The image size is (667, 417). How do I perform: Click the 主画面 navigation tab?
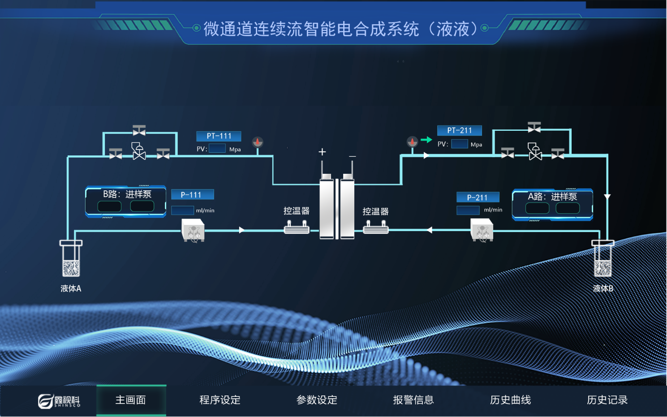(x=131, y=400)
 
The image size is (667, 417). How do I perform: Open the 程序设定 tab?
(x=220, y=400)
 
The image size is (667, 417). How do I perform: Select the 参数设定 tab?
(x=317, y=400)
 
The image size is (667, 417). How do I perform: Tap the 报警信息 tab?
(x=413, y=400)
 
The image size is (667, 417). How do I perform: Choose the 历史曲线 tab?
(x=510, y=400)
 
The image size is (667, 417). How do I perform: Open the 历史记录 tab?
(x=607, y=400)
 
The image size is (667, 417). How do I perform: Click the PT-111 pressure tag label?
(x=219, y=136)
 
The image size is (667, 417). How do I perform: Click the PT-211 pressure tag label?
(x=460, y=130)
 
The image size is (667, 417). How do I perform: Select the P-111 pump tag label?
(x=192, y=195)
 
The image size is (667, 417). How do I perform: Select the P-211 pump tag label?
(x=478, y=198)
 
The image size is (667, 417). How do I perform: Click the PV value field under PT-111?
(x=217, y=149)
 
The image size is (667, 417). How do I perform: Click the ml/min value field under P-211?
(x=468, y=210)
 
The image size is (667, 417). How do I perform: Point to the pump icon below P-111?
(x=193, y=231)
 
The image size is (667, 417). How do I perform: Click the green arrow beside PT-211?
(x=426, y=140)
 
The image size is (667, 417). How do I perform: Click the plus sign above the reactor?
(x=322, y=152)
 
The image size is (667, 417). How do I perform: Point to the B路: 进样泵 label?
(x=127, y=194)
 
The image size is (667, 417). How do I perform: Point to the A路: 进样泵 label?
(x=552, y=197)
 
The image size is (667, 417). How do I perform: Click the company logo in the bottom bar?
(x=59, y=400)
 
